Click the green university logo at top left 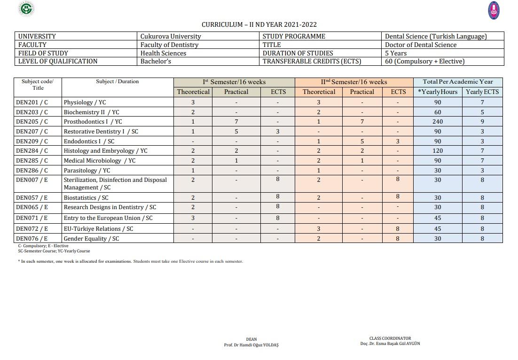point(27,8)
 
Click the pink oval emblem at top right point(494,10)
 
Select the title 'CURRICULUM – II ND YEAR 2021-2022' point(259,24)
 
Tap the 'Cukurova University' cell point(171,36)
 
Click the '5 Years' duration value point(396,53)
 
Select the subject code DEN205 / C point(32,122)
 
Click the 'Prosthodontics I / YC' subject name point(93,122)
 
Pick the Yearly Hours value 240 point(438,122)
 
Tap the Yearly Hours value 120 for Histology point(438,151)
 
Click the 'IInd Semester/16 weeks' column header point(354,82)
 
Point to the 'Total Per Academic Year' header point(458,82)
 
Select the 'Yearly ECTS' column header point(482,92)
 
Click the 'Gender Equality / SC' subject point(91,239)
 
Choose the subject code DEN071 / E point(32,218)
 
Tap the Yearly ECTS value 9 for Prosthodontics point(482,122)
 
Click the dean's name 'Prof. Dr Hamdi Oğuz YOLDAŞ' point(251,345)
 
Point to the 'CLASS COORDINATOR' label point(390,338)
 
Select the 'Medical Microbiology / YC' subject point(100,161)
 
